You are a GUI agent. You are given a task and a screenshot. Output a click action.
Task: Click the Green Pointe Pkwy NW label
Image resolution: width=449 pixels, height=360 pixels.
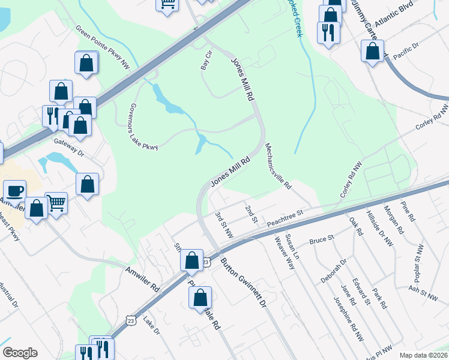pos(103,45)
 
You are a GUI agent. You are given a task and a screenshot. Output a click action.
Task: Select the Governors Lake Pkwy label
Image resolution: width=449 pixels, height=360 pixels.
pos(143,126)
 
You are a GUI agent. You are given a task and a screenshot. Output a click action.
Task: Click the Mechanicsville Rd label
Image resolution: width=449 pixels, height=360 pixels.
pos(278,166)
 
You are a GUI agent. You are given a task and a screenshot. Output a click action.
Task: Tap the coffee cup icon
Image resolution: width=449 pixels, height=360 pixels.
pos(15,191)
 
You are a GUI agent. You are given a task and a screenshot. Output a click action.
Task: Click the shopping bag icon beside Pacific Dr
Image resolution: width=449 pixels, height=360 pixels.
pos(373,51)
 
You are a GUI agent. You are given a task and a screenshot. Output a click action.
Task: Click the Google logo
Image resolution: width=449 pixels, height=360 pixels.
pos(20,353)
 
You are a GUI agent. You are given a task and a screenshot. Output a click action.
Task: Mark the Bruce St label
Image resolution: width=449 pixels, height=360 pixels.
pos(321,240)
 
